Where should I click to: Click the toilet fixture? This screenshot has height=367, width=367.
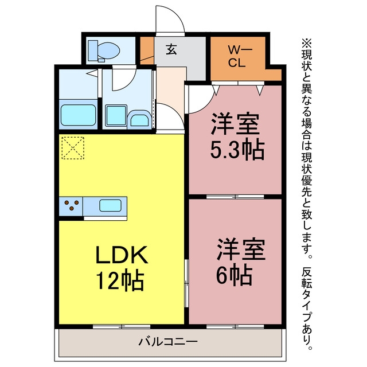[104, 51]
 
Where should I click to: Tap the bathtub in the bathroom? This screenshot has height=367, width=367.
[78, 115]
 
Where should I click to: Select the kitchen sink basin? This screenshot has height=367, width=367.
[110, 206]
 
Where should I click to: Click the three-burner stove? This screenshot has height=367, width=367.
[71, 206]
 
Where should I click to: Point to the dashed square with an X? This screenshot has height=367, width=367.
[73, 148]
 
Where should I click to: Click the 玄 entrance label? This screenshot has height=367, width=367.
[171, 50]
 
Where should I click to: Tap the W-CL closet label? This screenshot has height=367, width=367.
[237, 57]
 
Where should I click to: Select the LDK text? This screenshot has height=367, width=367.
[122, 255]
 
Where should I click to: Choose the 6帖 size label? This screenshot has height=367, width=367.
[234, 275]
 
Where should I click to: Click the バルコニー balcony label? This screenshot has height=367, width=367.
[168, 342]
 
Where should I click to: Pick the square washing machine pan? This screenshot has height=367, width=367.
[116, 116]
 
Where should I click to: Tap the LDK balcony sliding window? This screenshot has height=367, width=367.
[122, 326]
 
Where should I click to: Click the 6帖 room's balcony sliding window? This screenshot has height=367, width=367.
[235, 326]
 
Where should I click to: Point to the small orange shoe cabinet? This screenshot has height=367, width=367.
[147, 50]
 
